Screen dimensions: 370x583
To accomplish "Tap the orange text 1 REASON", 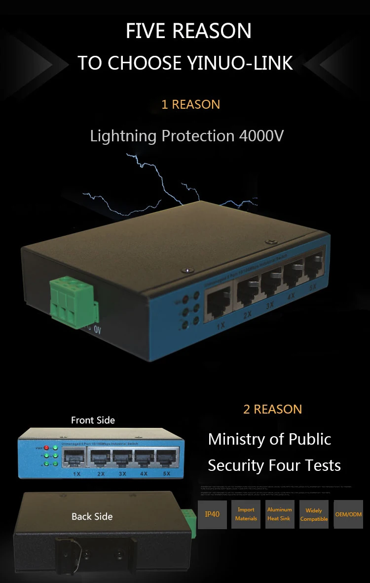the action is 190,105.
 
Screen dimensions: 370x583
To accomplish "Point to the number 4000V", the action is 261,136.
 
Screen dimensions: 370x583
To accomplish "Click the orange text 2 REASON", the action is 272,409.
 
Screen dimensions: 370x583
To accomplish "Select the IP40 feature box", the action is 212,514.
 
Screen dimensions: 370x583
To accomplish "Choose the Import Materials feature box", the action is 246,514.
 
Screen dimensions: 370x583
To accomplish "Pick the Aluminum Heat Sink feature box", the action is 279,514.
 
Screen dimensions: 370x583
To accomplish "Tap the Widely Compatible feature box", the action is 314,514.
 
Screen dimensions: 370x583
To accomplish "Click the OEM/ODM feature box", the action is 348,514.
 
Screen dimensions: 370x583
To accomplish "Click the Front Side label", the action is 93,420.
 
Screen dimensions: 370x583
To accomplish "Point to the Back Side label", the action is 92,517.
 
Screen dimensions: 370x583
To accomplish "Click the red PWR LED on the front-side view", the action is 46,448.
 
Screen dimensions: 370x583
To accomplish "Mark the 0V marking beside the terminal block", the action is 97,330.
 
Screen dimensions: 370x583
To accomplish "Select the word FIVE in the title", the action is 146,31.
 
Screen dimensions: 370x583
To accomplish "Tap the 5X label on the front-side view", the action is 167,474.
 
